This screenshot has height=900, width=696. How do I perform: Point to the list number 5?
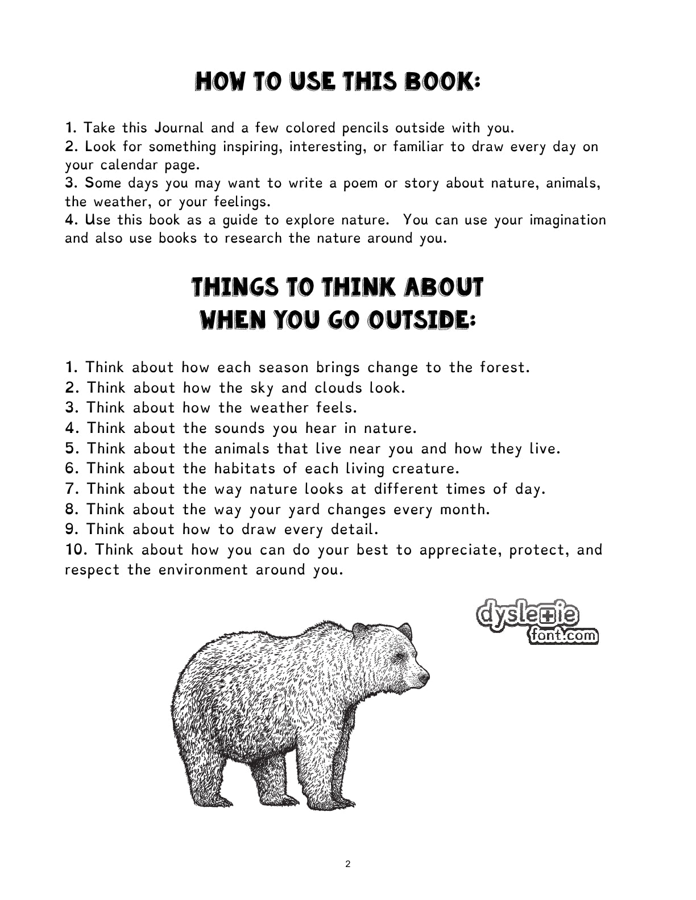click(x=72, y=449)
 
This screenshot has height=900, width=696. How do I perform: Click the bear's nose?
click(x=424, y=678)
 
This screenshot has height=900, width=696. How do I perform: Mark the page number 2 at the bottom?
click(x=348, y=864)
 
